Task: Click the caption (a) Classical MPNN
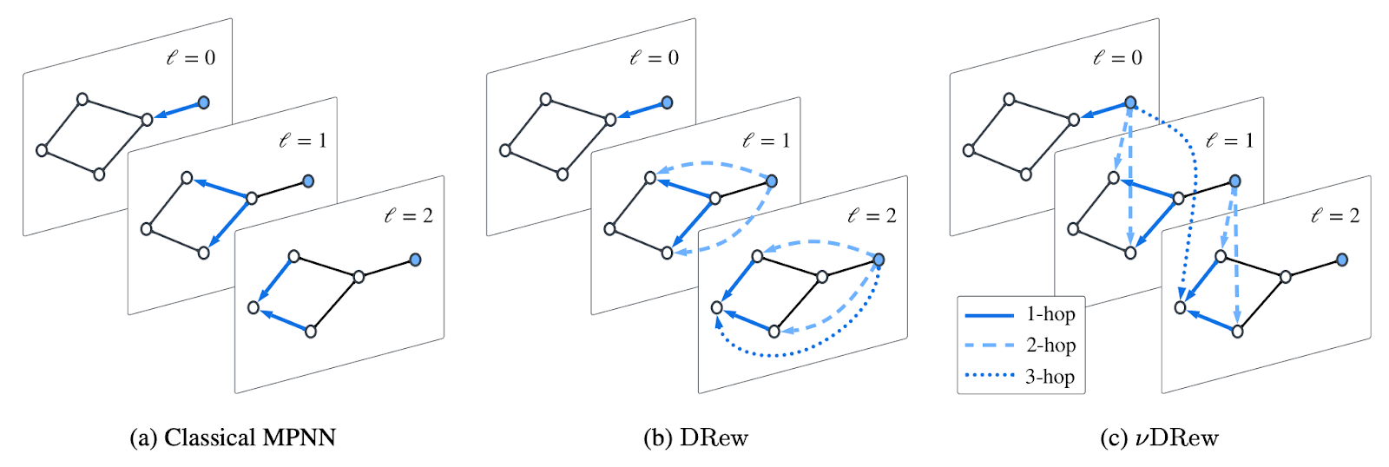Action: pyautogui.click(x=233, y=437)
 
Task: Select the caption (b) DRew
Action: pyautogui.click(x=695, y=437)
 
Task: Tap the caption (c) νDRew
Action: pyautogui.click(x=1159, y=437)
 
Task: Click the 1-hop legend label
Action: pyautogui.click(x=1050, y=314)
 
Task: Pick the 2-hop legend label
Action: pyautogui.click(x=1050, y=345)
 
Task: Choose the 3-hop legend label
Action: pyautogui.click(x=1050, y=377)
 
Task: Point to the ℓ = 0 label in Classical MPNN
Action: pyautogui.click(x=191, y=57)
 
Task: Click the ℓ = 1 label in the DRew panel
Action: pyautogui.click(x=767, y=141)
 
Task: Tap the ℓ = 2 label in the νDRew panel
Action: pyautogui.click(x=1336, y=215)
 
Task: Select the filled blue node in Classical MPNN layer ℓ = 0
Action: pyautogui.click(x=203, y=102)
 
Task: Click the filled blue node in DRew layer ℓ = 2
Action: pyautogui.click(x=878, y=260)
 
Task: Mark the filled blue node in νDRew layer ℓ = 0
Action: pyautogui.click(x=1130, y=102)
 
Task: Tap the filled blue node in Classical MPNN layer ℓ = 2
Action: pyautogui.click(x=416, y=260)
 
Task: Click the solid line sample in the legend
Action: pyautogui.click(x=990, y=316)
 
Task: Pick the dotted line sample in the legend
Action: pyautogui.click(x=990, y=376)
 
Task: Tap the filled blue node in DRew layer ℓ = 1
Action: pyautogui.click(x=772, y=181)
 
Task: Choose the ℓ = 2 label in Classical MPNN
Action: pyautogui.click(x=409, y=215)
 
